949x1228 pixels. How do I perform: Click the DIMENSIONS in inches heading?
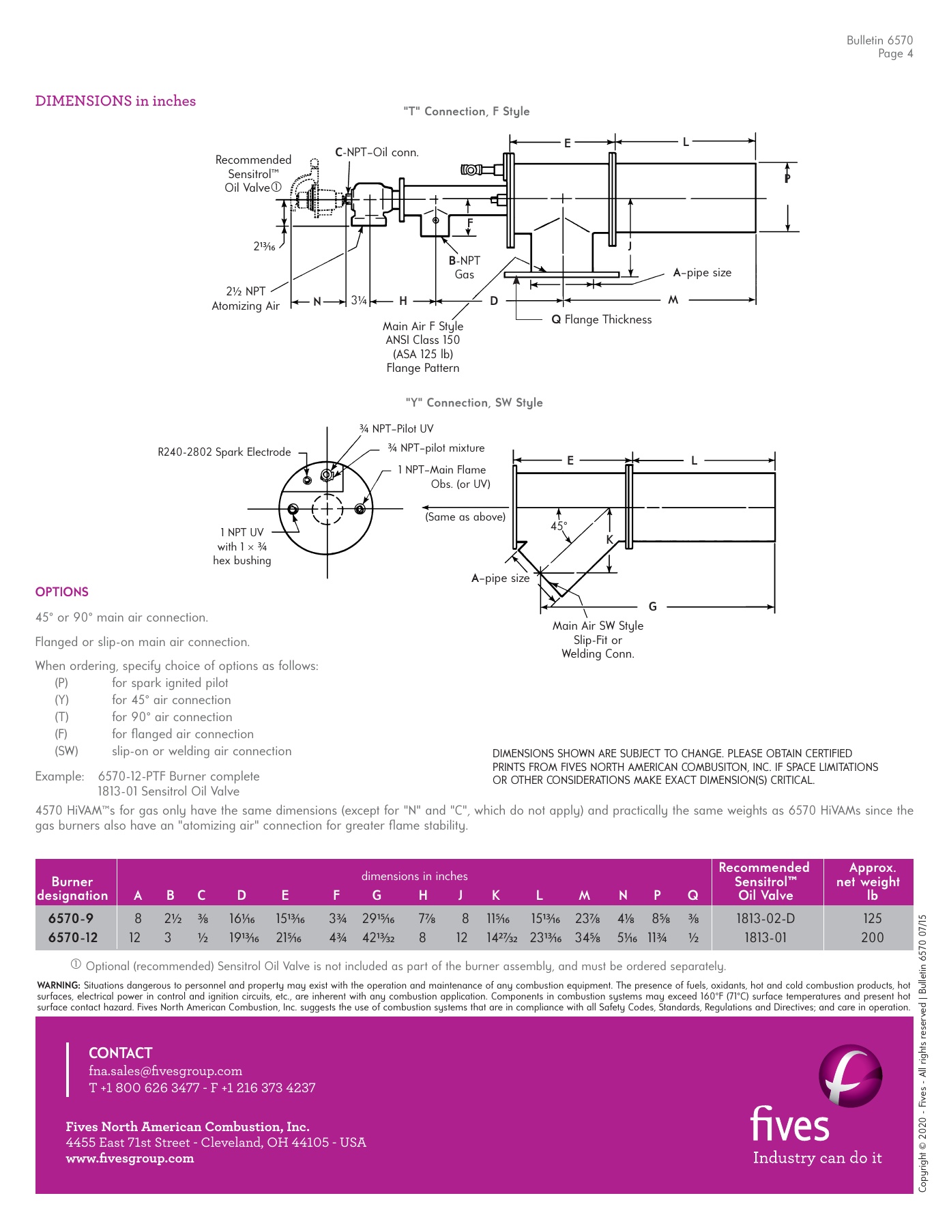click(115, 101)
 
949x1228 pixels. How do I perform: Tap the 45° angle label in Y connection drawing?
click(558, 526)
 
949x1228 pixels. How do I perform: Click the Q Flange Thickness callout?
click(601, 319)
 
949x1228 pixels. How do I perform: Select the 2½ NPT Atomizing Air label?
click(246, 298)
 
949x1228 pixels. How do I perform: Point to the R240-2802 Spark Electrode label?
click(224, 452)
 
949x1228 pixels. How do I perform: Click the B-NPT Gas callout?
click(464, 267)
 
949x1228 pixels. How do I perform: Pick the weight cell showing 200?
click(872, 937)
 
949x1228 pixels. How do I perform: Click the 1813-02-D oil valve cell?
click(765, 918)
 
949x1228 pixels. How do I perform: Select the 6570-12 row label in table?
click(72, 937)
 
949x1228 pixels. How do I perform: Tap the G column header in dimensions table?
click(377, 895)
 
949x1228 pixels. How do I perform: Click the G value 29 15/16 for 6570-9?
click(378, 918)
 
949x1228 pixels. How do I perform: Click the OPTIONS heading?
click(62, 591)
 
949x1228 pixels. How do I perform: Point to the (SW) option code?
click(66, 751)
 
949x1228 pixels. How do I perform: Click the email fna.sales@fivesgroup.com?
click(165, 1070)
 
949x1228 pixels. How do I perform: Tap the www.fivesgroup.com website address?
click(130, 1158)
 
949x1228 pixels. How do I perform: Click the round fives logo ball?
click(850, 1076)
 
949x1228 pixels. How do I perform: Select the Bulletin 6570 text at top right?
click(879, 40)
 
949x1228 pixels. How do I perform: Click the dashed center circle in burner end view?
click(327, 509)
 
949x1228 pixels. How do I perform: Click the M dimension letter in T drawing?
click(673, 300)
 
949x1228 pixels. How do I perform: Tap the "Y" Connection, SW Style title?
click(474, 403)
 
